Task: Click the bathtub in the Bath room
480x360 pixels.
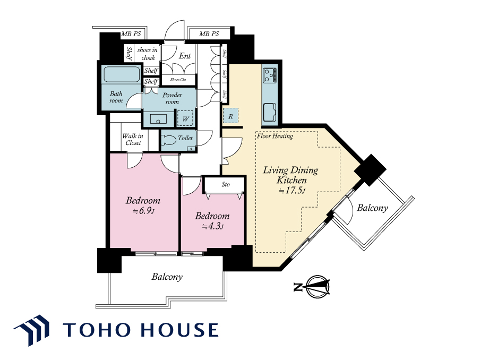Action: (122, 74)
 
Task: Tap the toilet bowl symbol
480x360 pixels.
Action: (168, 140)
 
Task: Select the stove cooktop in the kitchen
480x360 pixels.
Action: (270, 75)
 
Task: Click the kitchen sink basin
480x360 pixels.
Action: (270, 113)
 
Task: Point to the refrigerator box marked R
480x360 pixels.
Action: (230, 116)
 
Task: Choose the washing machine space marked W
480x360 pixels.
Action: (185, 118)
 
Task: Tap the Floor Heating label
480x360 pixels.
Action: (275, 136)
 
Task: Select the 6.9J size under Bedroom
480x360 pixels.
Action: (143, 211)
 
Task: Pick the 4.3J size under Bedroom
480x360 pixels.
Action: (213, 227)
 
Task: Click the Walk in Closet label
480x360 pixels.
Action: (133, 139)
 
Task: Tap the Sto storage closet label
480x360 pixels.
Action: (226, 184)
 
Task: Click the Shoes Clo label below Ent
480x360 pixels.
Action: (178, 80)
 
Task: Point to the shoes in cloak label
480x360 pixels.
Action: (148, 54)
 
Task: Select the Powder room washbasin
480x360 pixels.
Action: (158, 119)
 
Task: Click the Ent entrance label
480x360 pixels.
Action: (185, 56)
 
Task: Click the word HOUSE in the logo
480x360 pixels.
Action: (179, 330)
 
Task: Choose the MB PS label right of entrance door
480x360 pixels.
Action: (209, 33)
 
